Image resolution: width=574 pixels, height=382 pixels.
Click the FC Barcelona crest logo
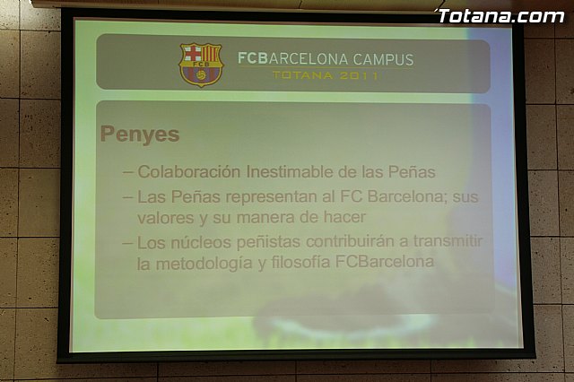click(200, 65)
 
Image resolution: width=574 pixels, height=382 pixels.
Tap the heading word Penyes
click(140, 135)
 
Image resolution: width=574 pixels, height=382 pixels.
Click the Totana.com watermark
click(500, 15)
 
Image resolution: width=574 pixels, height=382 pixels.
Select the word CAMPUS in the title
click(383, 60)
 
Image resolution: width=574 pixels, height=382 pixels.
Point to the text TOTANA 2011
click(326, 76)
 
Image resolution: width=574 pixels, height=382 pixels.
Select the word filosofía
click(299, 263)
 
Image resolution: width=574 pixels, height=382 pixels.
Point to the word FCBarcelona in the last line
click(386, 263)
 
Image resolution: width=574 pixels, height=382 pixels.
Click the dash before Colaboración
click(128, 171)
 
